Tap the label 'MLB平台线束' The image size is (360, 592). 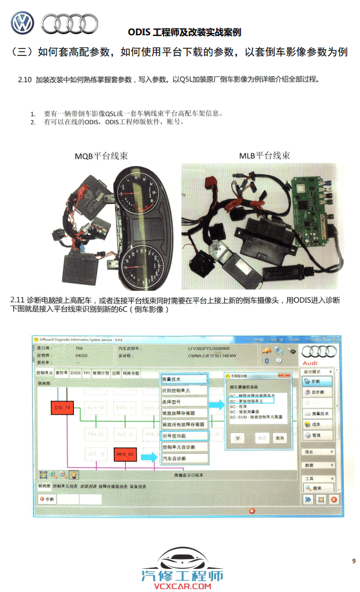pos(265,156)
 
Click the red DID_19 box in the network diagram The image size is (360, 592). pos(62,408)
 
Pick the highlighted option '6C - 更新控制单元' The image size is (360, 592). pos(250,400)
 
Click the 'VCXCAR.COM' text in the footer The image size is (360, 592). pos(182,586)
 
